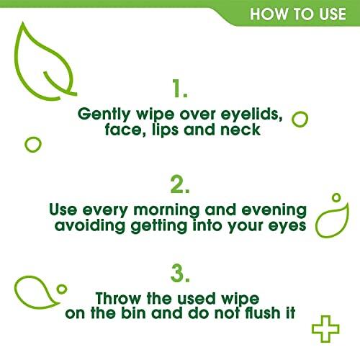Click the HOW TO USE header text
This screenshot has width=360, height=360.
pyautogui.click(x=297, y=14)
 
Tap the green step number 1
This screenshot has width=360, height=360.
pyautogui.click(x=180, y=89)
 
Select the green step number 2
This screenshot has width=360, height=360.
pyautogui.click(x=180, y=185)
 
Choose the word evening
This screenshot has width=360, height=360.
pyautogui.click(x=271, y=210)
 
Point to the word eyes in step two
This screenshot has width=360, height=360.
pyautogui.click(x=286, y=228)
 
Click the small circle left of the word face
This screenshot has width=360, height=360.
pyautogui.click(x=32, y=143)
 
